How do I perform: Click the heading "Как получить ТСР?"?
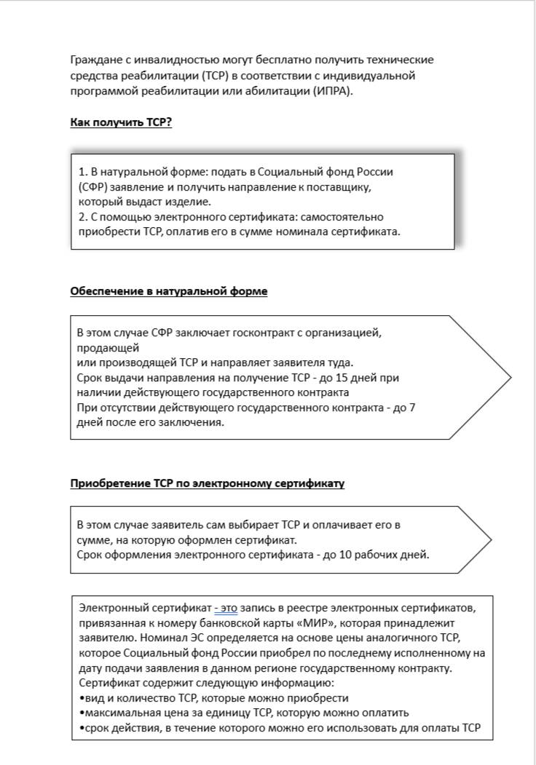[x=121, y=122]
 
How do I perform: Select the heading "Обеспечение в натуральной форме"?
[x=169, y=291]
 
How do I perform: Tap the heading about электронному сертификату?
[x=208, y=483]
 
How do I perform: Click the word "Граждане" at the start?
[x=95, y=60]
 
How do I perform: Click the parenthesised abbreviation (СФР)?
[x=92, y=187]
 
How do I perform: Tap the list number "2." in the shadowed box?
[x=83, y=217]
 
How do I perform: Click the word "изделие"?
[x=190, y=202]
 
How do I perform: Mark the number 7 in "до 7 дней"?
[x=412, y=408]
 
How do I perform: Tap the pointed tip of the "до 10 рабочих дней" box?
[x=489, y=539]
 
